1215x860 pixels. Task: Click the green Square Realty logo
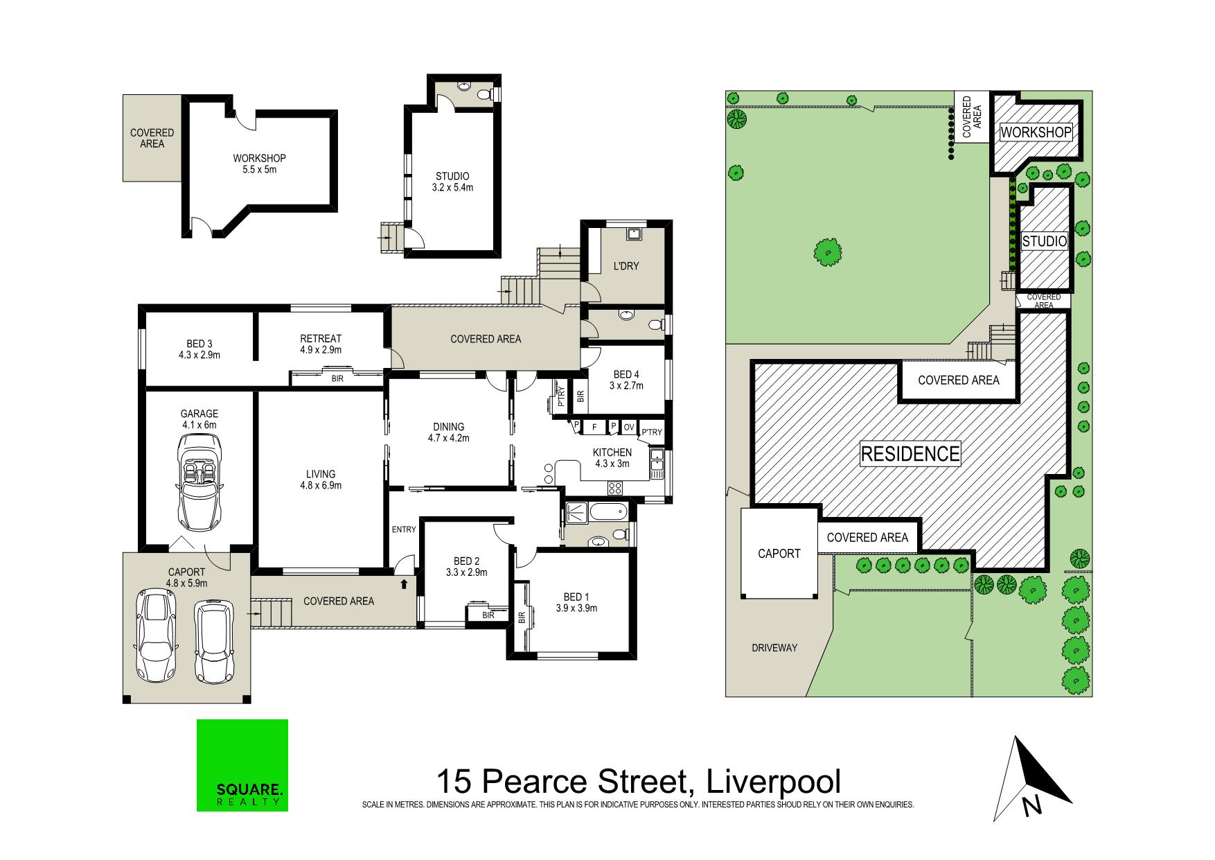(x=242, y=765)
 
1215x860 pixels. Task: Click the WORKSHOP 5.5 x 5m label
(x=260, y=164)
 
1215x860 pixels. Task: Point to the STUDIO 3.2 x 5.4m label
(x=452, y=182)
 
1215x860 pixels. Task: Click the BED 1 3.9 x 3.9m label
(x=576, y=603)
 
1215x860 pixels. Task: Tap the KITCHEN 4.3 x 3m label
(x=612, y=458)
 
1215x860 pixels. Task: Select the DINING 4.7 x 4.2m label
(x=448, y=432)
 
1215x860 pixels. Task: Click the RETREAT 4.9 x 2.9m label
(x=321, y=344)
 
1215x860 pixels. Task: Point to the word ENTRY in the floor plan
(x=404, y=529)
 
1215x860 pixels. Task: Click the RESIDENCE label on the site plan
(x=910, y=454)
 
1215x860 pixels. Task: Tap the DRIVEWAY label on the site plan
(x=775, y=648)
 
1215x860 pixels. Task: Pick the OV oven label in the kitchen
(x=629, y=427)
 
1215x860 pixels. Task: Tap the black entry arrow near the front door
(x=404, y=584)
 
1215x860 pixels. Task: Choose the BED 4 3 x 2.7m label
(x=626, y=380)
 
